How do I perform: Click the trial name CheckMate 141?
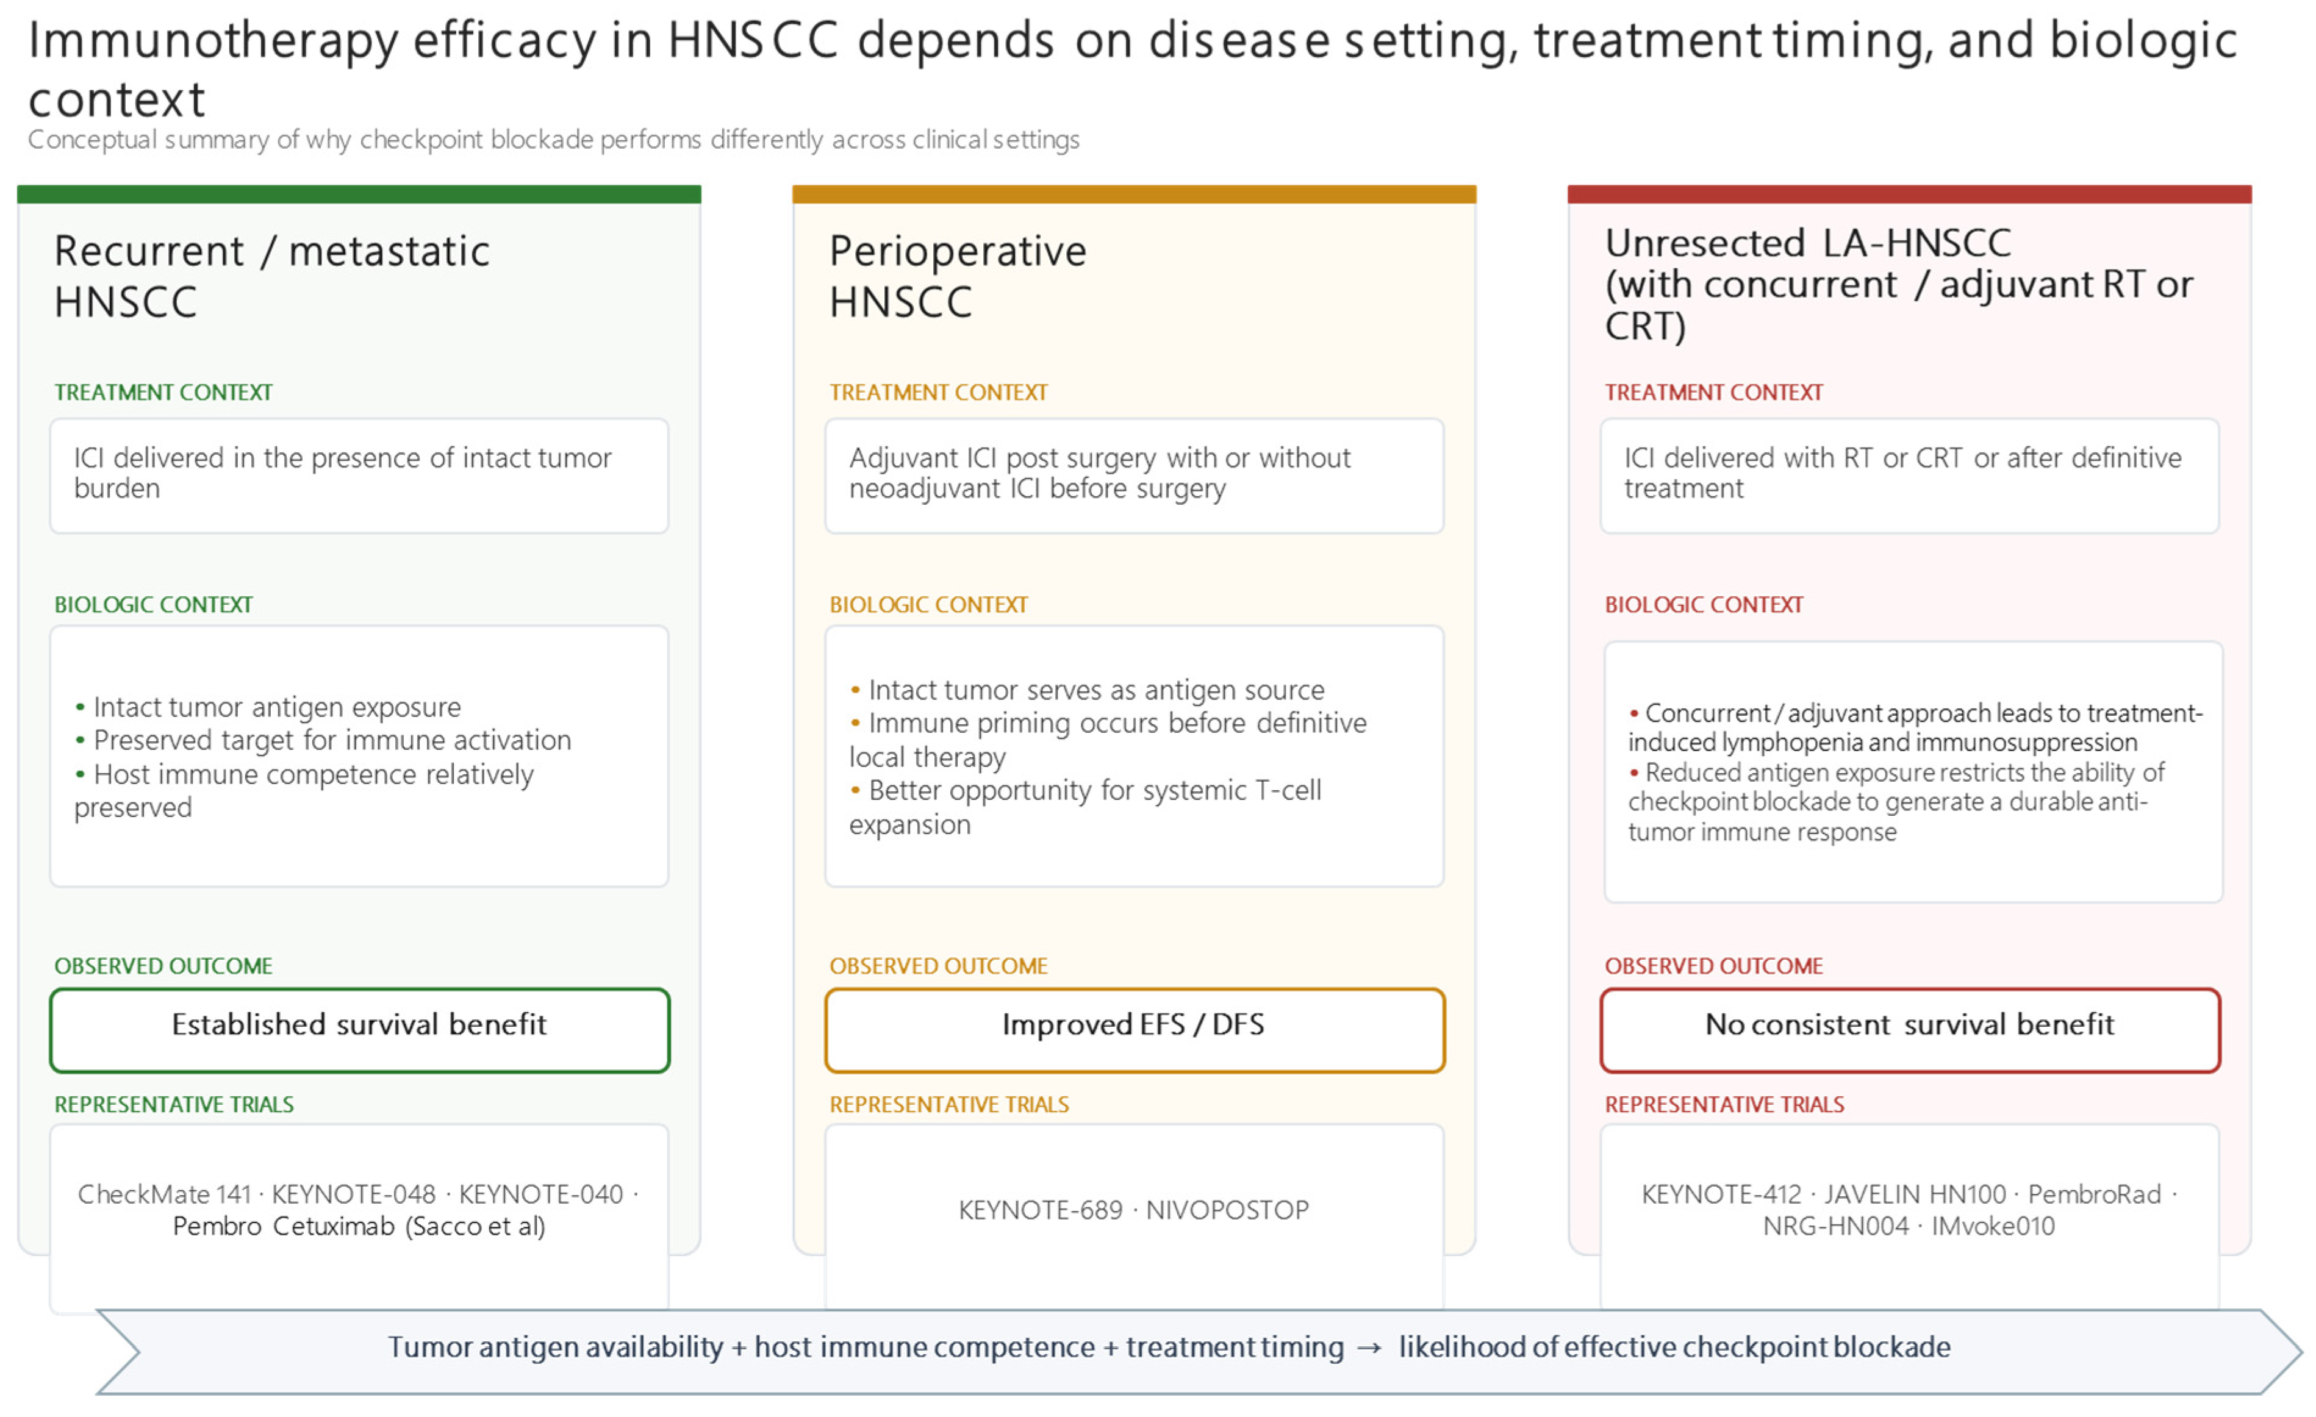click(x=165, y=1194)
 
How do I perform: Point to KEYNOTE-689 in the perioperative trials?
click(x=1041, y=1210)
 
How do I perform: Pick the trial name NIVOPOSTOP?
click(x=1228, y=1210)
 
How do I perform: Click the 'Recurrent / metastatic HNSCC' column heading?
click(x=271, y=276)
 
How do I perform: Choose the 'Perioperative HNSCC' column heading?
click(x=958, y=276)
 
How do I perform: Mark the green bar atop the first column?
click(x=359, y=195)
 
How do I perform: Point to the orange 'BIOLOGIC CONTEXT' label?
click(x=928, y=604)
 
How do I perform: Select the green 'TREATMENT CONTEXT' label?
click(x=163, y=392)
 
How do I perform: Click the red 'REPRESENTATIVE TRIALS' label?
click(x=1725, y=1104)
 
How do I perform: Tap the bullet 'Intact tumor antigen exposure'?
click(x=268, y=707)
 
